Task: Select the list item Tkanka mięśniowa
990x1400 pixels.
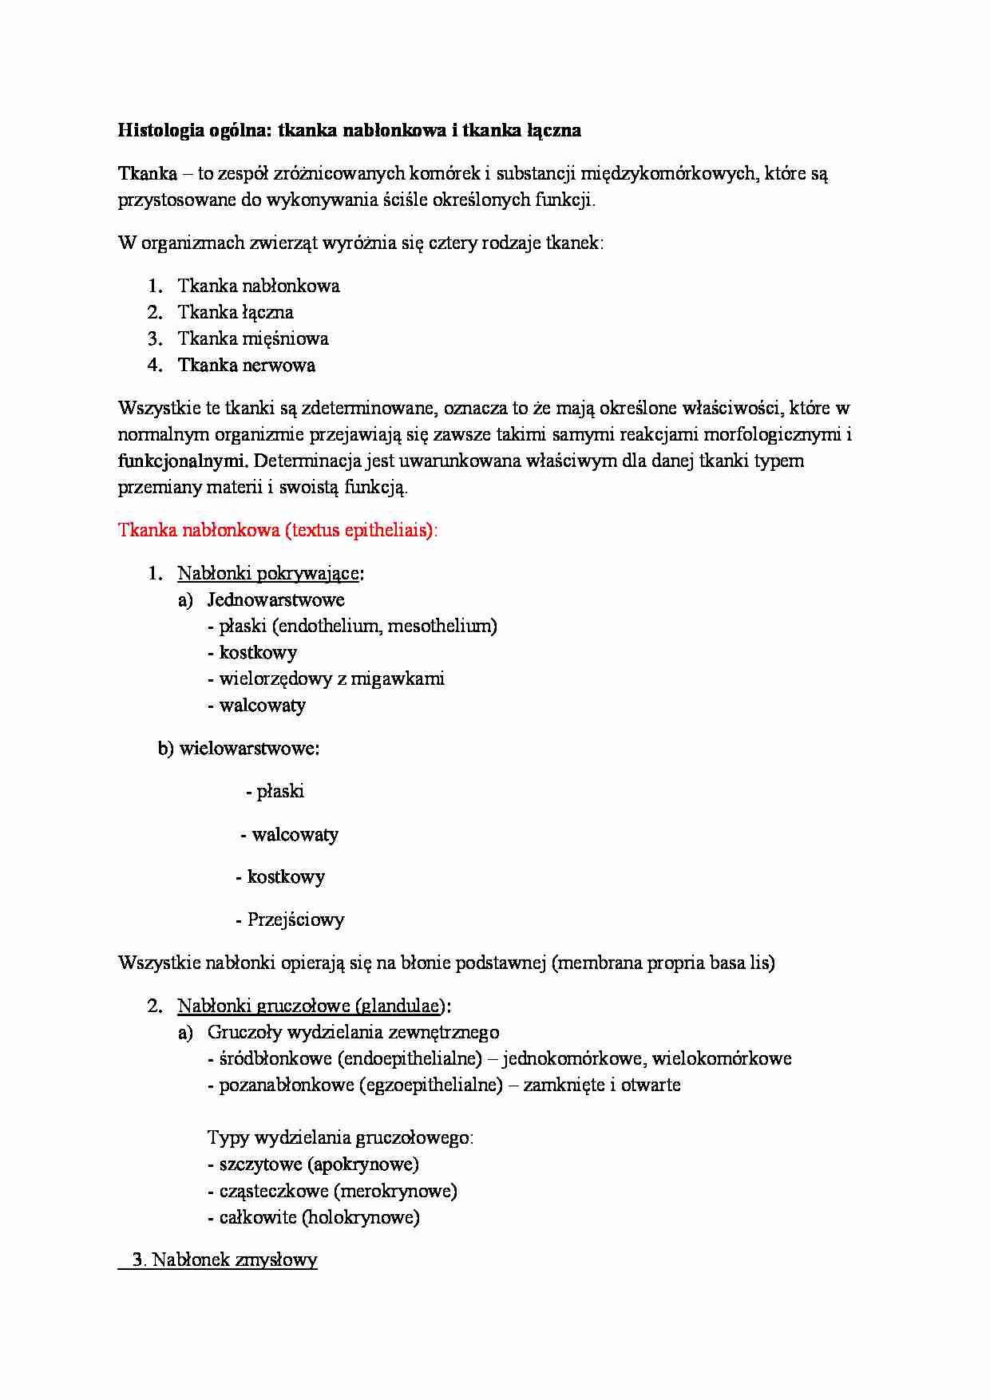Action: click(252, 338)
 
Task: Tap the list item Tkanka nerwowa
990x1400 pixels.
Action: click(246, 366)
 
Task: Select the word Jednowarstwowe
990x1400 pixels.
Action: click(275, 600)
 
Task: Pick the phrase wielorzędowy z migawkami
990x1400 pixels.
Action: click(331, 679)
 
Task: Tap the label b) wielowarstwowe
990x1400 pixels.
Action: click(239, 749)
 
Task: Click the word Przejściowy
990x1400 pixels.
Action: click(295, 919)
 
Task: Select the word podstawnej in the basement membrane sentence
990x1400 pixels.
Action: click(501, 963)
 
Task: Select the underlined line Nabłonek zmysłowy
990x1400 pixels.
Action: click(224, 1260)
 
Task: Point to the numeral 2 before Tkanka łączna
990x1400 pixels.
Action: click(153, 313)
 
